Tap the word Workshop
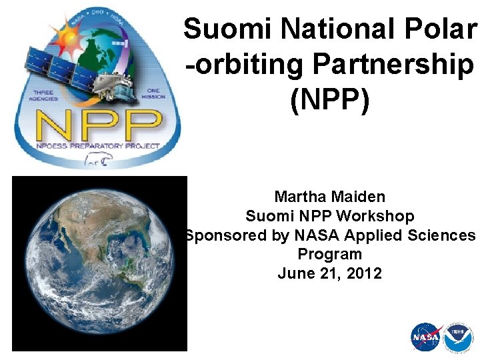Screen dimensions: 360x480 (375, 216)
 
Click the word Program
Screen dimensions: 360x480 (329, 254)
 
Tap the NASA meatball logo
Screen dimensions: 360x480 (426, 337)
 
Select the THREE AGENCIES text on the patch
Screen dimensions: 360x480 (43, 95)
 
